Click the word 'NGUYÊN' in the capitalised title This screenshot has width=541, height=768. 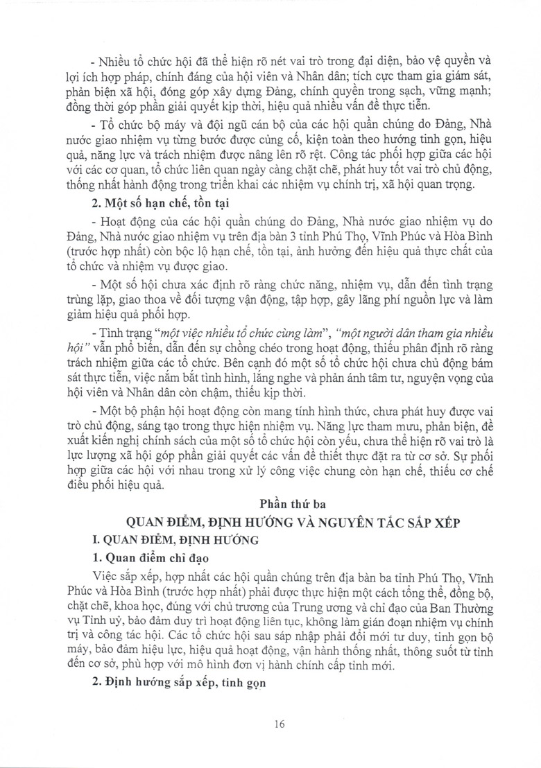pyautogui.click(x=337, y=521)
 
